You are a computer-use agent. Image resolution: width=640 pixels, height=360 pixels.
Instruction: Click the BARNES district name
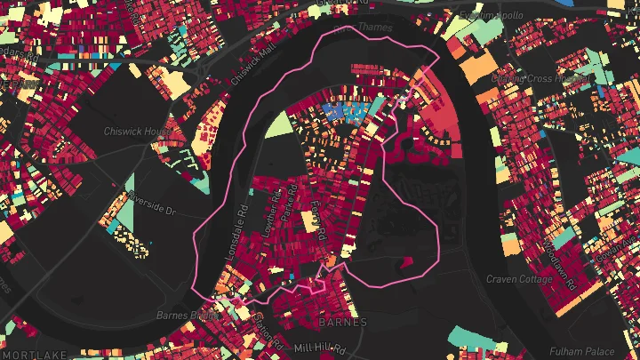click(342, 321)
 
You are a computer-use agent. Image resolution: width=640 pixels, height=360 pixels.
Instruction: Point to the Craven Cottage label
click(520, 279)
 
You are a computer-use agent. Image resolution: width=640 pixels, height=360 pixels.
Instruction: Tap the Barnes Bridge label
click(188, 315)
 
